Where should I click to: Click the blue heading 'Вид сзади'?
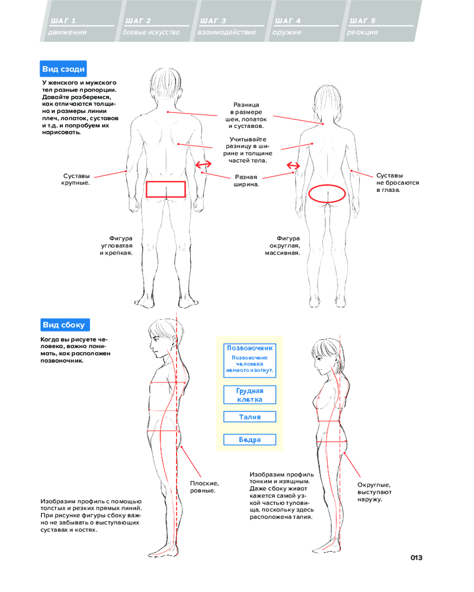[65, 68]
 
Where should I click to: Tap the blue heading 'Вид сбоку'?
[65, 324]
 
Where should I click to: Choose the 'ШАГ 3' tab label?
[213, 21]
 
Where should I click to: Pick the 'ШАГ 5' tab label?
[363, 21]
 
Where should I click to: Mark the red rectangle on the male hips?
[166, 189]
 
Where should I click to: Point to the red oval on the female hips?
[327, 194]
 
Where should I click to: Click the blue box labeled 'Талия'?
[250, 417]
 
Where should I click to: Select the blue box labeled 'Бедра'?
[250, 440]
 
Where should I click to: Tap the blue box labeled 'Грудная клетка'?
[250, 395]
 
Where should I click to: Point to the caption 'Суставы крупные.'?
[75, 179]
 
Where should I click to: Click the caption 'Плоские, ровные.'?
[203, 487]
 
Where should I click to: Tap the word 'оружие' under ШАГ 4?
[287, 32]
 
